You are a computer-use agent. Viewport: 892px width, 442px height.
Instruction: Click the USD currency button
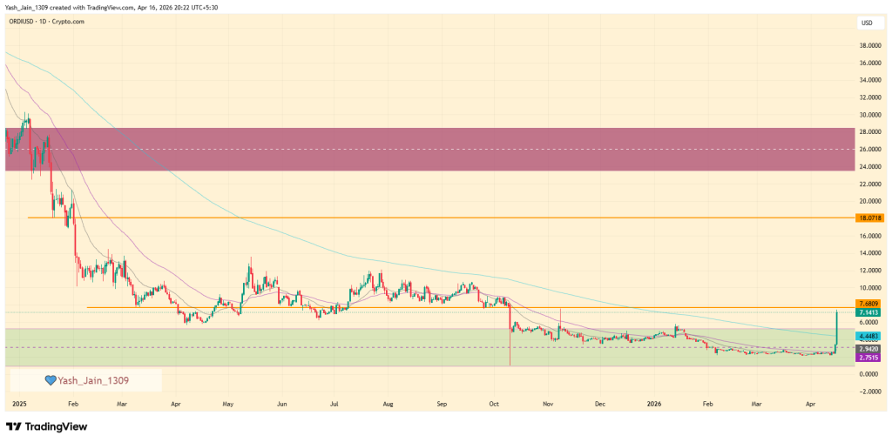click(868, 23)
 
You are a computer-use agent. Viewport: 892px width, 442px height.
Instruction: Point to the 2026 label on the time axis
click(653, 405)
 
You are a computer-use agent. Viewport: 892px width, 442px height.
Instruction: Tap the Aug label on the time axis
click(388, 405)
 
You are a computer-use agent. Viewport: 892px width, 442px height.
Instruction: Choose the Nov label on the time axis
click(548, 405)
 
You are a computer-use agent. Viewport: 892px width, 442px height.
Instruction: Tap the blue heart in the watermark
click(51, 380)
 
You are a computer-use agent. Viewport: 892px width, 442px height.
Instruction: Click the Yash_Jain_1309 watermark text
click(92, 380)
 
